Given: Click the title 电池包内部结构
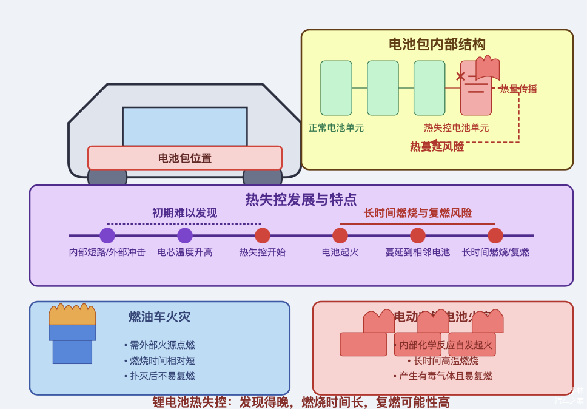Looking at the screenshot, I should pyautogui.click(x=437, y=44).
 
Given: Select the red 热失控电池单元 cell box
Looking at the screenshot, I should pyautogui.click(x=475, y=97).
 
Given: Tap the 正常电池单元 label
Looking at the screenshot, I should pyautogui.click(x=336, y=128).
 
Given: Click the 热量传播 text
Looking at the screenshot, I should pyautogui.click(x=518, y=89).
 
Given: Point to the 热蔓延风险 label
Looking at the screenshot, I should pyautogui.click(x=437, y=146).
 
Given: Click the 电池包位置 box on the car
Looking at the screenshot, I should pyautogui.click(x=185, y=158).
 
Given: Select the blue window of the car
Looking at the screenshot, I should pyautogui.click(x=185, y=126).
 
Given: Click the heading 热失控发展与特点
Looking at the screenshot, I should pyautogui.click(x=301, y=199).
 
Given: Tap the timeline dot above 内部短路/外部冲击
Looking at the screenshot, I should pyautogui.click(x=107, y=235).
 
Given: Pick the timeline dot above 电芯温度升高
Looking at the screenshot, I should pyautogui.click(x=185, y=235).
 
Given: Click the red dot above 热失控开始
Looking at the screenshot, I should pyautogui.click(x=263, y=235).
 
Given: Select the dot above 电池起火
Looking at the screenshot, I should pyautogui.click(x=340, y=235).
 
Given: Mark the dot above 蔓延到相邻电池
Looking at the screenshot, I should pyautogui.click(x=418, y=235).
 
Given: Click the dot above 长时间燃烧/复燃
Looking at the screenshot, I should pyautogui.click(x=495, y=235).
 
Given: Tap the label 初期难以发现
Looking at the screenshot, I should pyautogui.click(x=184, y=213).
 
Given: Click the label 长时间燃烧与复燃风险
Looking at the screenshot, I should pyautogui.click(x=418, y=213).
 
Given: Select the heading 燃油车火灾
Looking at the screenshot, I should pyautogui.click(x=159, y=317).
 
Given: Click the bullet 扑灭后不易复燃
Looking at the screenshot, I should pyautogui.click(x=163, y=376).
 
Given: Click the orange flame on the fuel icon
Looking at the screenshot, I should pyautogui.click(x=72, y=315).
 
